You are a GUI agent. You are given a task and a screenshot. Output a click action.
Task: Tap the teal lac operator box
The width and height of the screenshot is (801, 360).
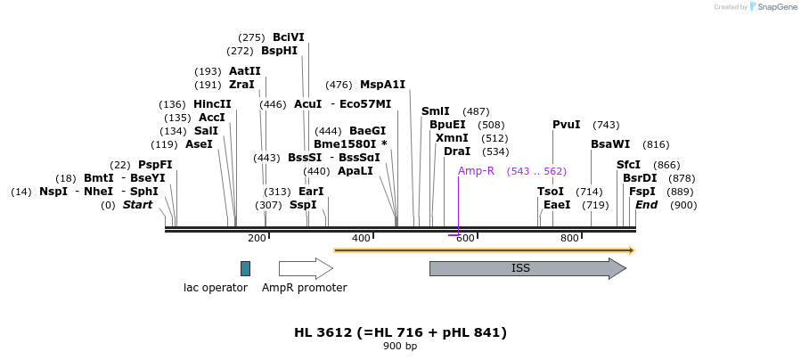245,268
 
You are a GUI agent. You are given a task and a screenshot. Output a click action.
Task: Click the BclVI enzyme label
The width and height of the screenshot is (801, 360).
289,37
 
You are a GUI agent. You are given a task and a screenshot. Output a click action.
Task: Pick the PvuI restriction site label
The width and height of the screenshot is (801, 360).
566,125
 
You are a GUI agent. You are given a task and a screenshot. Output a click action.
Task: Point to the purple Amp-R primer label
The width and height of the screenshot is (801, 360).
476,171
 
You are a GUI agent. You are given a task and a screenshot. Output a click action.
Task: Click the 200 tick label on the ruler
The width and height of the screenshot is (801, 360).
257,238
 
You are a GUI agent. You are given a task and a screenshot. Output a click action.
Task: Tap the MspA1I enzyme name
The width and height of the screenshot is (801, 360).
382,85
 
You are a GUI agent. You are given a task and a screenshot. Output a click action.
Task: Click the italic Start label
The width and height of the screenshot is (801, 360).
137,205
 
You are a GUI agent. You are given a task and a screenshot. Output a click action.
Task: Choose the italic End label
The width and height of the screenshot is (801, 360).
646,205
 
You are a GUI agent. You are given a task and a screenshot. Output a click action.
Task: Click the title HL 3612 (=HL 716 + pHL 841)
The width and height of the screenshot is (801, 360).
400,332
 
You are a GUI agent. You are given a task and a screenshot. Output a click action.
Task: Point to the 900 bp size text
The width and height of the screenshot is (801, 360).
400,346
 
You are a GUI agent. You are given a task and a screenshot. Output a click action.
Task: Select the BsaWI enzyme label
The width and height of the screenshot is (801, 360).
610,144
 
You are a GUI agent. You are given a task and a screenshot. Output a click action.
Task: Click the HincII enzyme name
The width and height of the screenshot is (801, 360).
212,104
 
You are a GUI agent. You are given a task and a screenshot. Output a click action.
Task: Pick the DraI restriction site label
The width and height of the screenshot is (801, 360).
457,151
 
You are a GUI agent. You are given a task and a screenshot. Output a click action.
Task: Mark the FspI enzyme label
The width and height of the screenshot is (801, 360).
642,192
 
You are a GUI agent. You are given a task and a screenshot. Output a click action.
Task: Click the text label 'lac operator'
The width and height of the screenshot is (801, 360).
216,288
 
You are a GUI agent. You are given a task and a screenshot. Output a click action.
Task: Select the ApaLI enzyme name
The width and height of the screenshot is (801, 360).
356,171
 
